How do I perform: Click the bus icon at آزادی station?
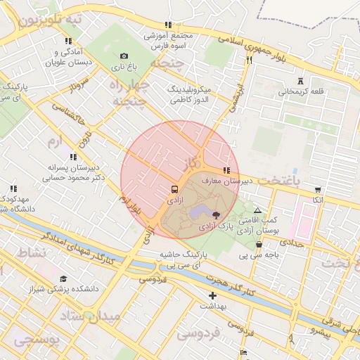pos(174,189)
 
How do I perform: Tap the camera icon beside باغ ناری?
pos(124,56)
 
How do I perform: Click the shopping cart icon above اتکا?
pos(319,189)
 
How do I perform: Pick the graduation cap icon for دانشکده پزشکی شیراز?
pos(65,278)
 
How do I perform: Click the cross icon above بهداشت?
pos(212,295)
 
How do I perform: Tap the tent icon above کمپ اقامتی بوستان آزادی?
pos(257,210)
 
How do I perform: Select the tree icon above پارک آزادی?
pos(215,216)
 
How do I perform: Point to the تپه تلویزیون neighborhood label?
pos(49,19)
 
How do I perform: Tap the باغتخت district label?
pos(278,181)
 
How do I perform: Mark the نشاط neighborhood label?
pos(31,251)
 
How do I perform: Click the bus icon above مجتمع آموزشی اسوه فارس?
pos(167,24)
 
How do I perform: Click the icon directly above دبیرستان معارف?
pos(226,170)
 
